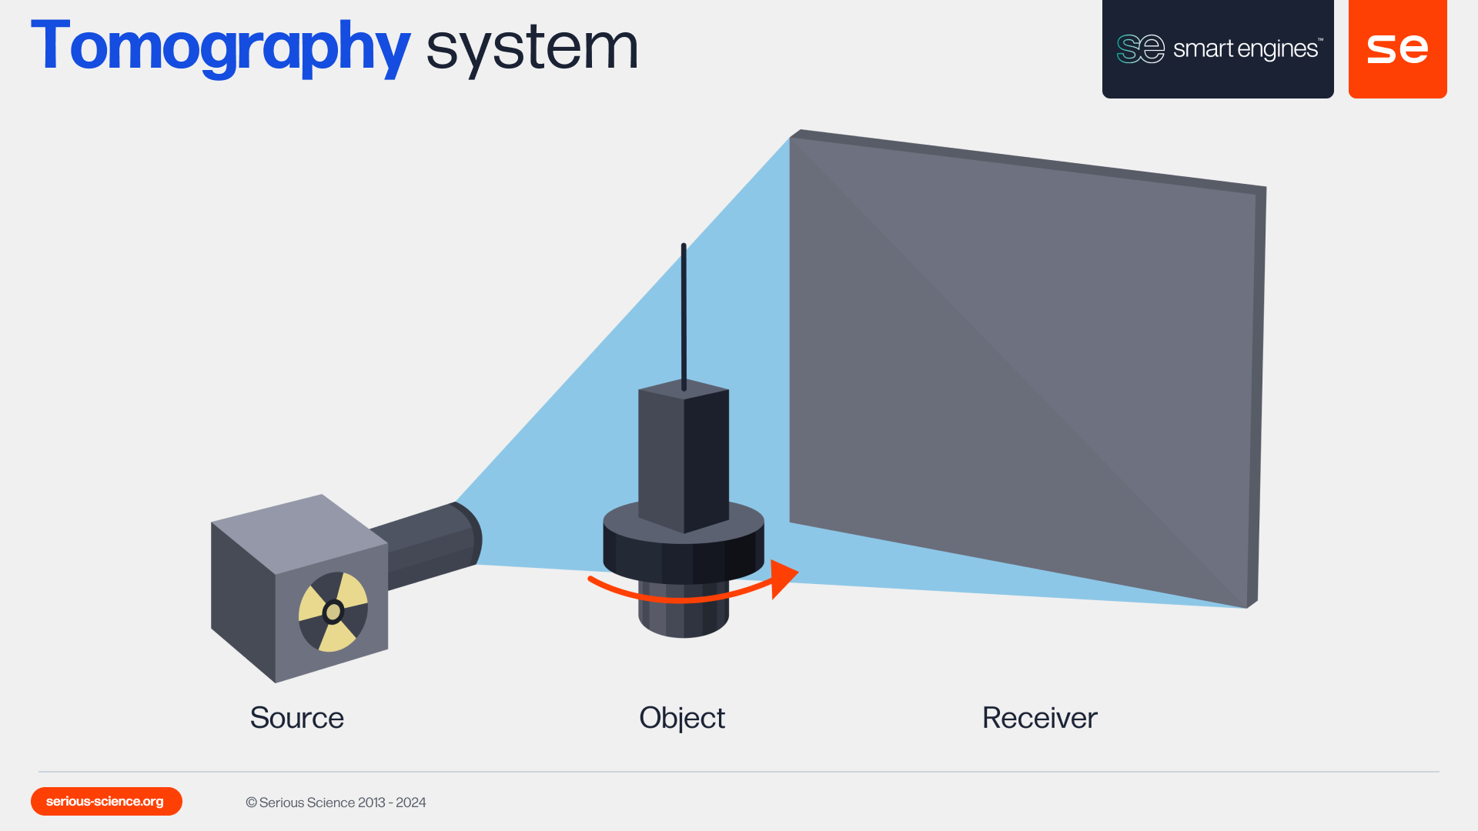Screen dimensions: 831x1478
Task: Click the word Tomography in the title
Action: tap(220, 48)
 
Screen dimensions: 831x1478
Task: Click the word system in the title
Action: tap(531, 48)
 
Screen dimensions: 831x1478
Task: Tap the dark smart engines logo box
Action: tap(1217, 48)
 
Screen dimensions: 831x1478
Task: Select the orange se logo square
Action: tap(1397, 48)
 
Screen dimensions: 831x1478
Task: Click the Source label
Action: tap(296, 718)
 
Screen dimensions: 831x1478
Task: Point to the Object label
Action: tap(682, 718)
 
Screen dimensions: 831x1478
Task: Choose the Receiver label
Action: tap(1039, 718)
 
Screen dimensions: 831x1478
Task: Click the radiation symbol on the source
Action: tap(333, 612)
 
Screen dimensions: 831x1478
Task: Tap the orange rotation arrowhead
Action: tap(784, 578)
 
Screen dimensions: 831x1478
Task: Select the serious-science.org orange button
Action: tap(106, 801)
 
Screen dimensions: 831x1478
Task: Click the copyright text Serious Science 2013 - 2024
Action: tap(336, 803)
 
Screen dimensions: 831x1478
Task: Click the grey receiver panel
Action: tap(1024, 362)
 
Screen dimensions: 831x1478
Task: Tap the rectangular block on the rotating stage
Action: tap(684, 458)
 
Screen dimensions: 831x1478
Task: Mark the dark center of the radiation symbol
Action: tap(333, 612)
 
